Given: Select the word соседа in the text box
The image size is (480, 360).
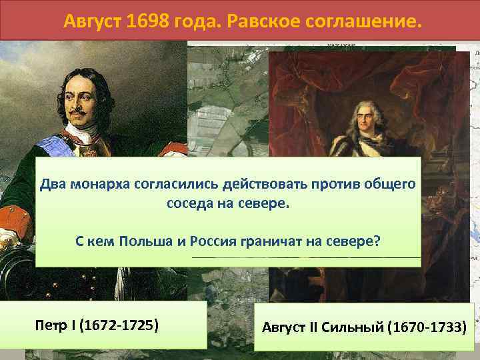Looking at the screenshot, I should coord(189,203).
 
